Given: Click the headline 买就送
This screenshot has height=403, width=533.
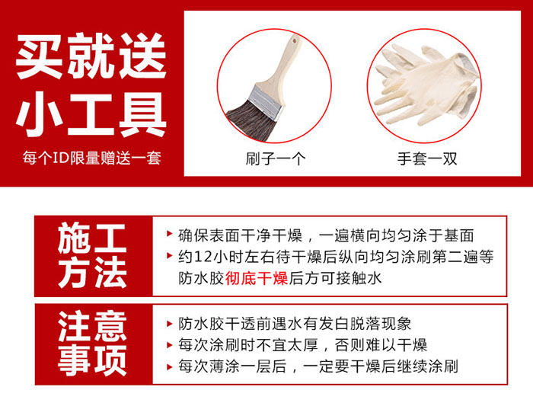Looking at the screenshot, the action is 91,56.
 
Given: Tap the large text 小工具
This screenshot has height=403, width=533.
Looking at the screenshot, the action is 91,114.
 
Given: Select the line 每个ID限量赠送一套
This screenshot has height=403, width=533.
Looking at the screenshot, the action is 92,158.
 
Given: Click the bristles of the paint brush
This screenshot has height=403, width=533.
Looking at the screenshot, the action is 251,120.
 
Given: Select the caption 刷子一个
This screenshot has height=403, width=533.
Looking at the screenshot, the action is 276,158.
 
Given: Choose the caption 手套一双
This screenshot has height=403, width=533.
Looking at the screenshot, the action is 427,158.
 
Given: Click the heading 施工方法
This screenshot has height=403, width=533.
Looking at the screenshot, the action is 92,255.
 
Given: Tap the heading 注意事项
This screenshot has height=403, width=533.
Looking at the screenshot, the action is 92,344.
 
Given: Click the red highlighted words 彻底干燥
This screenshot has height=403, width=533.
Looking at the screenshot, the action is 257,278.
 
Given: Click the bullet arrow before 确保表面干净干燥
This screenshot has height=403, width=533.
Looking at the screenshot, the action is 169,234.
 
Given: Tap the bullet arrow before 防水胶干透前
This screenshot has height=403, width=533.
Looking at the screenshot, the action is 169,324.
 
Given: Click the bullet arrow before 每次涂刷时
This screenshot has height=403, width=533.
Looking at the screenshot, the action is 169,345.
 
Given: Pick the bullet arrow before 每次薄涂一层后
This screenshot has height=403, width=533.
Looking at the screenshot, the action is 169,367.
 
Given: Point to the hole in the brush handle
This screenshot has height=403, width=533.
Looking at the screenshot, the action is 295,40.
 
